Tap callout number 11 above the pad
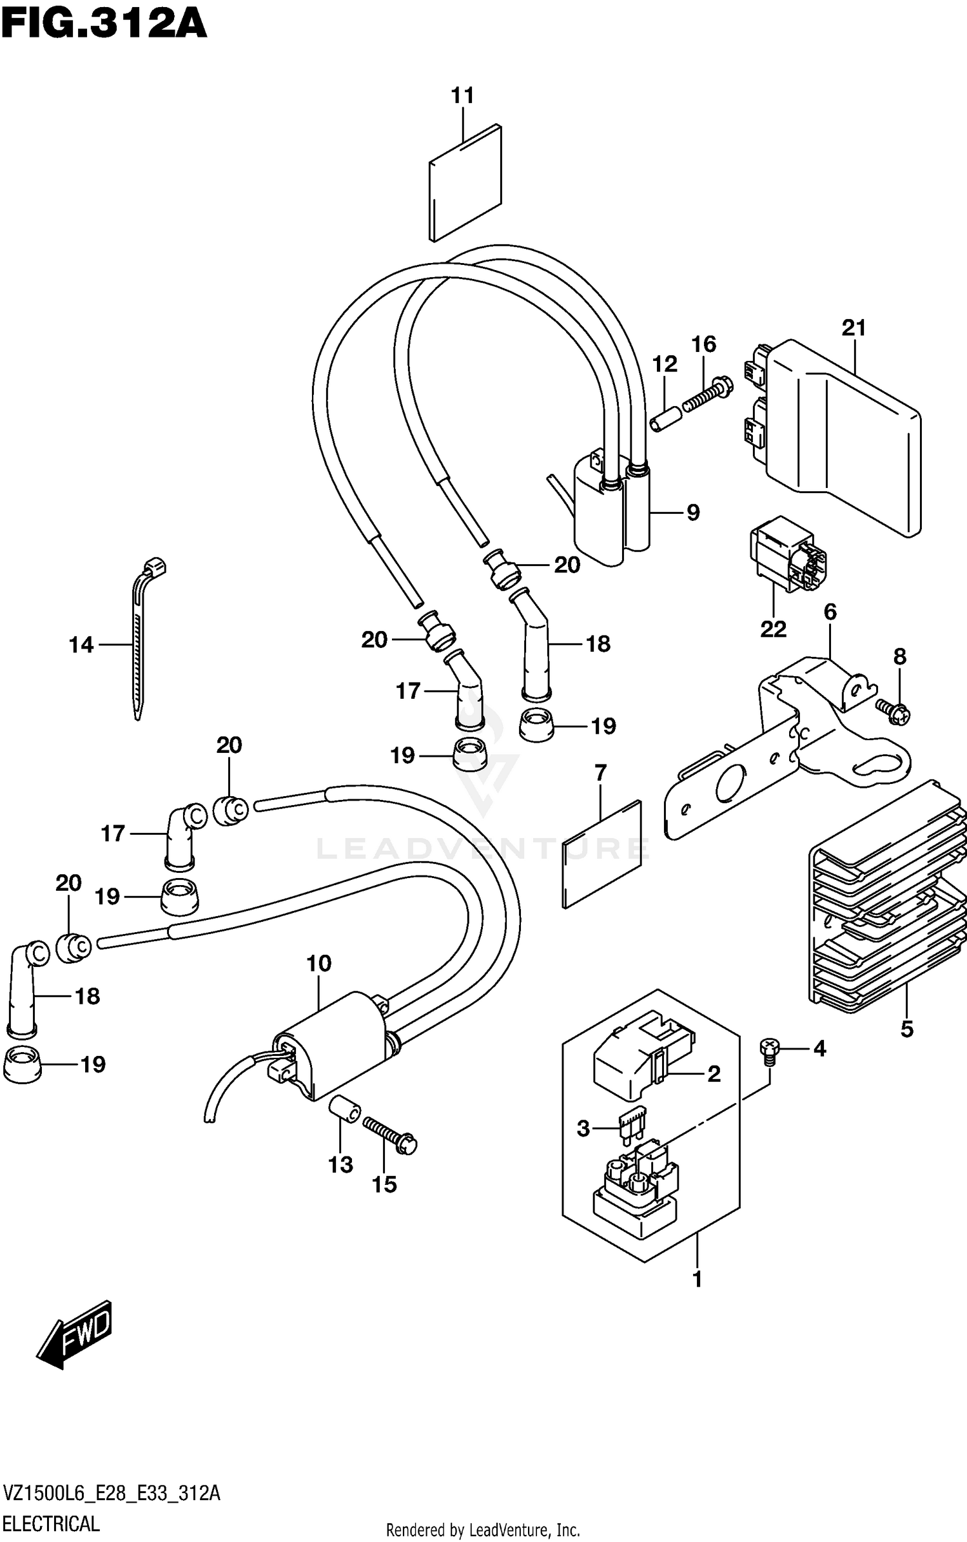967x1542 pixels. [462, 95]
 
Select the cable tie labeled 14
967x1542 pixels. [139, 645]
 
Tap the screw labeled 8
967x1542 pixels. [894, 712]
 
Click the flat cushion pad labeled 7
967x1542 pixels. [602, 854]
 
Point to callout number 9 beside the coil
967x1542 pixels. [693, 512]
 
